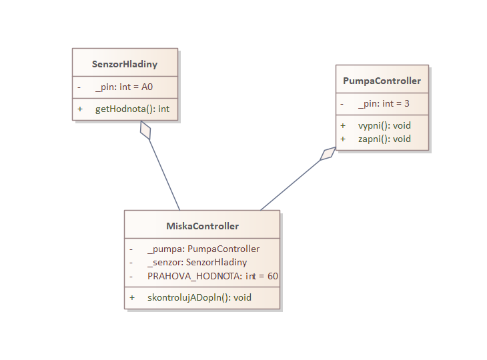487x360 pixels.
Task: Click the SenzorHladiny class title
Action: point(125,64)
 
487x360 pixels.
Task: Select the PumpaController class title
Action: point(382,81)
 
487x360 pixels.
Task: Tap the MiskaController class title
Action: point(202,226)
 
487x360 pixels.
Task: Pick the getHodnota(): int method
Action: point(132,108)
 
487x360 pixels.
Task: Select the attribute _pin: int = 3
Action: point(383,103)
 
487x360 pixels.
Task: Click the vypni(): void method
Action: point(384,125)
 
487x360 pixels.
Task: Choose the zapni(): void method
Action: point(384,139)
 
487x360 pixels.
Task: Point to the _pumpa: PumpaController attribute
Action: point(203,249)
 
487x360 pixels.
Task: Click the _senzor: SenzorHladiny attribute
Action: point(197,262)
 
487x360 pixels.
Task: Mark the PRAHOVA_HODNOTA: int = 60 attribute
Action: point(213,275)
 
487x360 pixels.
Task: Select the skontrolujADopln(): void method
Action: point(199,297)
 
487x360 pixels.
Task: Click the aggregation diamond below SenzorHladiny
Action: point(145,130)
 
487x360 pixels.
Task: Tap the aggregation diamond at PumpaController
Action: point(328,154)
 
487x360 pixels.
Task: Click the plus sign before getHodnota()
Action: point(80,108)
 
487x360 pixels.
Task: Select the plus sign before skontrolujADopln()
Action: point(132,297)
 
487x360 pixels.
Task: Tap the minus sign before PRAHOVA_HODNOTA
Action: point(132,275)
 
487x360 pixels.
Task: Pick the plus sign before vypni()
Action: point(343,125)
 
